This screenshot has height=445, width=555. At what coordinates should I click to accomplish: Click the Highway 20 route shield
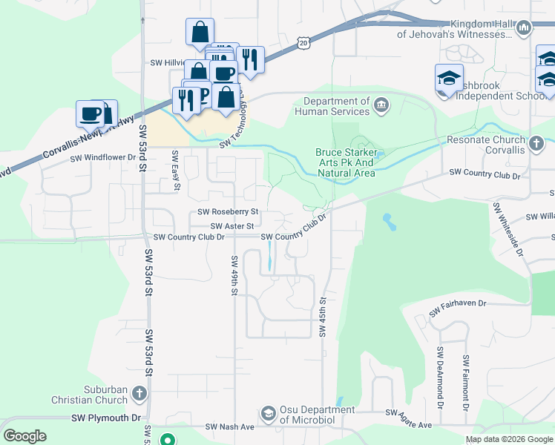click(303, 44)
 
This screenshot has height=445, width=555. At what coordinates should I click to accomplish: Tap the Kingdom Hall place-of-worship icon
click(524, 28)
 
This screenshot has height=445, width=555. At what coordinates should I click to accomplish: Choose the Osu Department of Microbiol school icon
click(269, 412)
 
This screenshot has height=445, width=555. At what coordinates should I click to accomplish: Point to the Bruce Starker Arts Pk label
click(346, 162)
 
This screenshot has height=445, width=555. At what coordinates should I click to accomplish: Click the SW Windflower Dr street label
click(103, 158)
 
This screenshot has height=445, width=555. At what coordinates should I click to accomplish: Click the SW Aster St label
click(232, 225)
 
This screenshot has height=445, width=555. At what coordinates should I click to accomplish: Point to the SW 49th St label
click(234, 275)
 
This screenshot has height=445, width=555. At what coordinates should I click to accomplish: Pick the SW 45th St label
click(323, 317)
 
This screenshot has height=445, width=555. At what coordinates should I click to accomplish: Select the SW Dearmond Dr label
click(440, 379)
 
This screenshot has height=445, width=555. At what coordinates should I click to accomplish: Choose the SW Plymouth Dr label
click(105, 418)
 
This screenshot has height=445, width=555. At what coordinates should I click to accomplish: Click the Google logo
click(24, 436)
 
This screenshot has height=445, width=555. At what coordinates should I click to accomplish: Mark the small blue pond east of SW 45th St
click(387, 220)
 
